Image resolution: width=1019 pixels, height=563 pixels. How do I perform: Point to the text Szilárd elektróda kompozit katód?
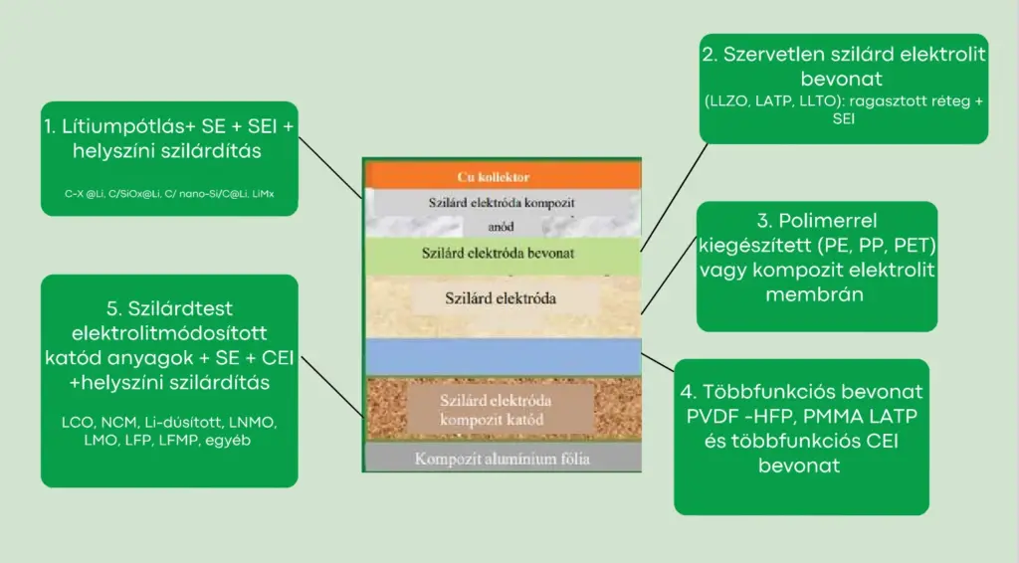tap(496, 410)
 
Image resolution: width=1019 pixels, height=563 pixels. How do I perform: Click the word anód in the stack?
tap(501, 225)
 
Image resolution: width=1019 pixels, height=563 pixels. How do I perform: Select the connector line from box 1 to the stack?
tap(332, 169)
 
